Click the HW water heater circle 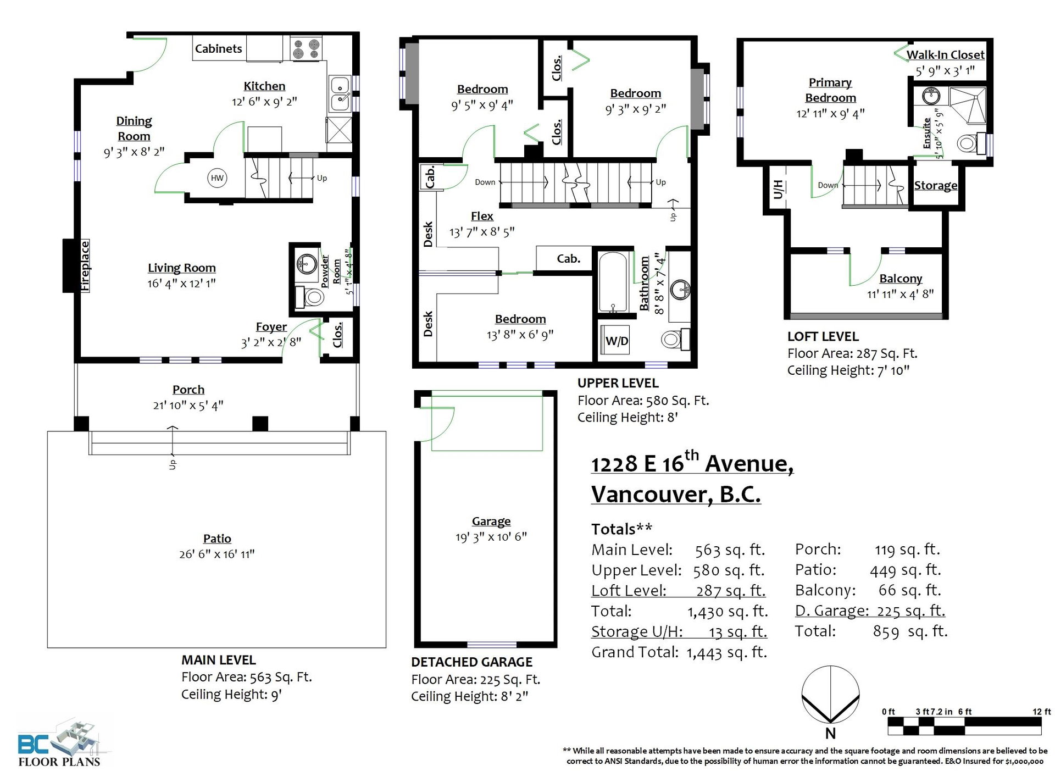(217, 178)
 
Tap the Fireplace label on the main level (85, 266)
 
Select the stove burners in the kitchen (306, 48)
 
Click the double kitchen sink (341, 93)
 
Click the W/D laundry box (617, 341)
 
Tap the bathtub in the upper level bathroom (613, 283)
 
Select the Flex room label (482, 217)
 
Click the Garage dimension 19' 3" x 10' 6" (491, 537)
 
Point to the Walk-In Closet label (945, 55)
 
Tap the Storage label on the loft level (935, 186)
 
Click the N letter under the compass (830, 733)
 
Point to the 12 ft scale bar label (1041, 712)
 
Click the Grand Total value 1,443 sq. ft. (726, 652)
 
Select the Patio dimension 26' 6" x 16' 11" (216, 554)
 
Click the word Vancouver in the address (652, 494)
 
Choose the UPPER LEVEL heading (618, 383)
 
